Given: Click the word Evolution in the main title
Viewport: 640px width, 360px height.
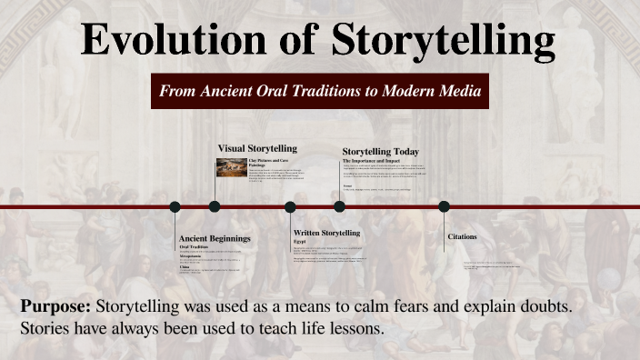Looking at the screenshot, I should (164, 40).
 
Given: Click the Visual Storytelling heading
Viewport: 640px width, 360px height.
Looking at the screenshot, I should (257, 148).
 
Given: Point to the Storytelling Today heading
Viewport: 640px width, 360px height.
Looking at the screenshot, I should (380, 151).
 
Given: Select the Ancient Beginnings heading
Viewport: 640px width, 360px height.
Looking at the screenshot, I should (215, 238).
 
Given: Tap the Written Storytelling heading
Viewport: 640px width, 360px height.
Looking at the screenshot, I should (326, 233).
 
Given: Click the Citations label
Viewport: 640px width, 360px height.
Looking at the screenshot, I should (462, 236).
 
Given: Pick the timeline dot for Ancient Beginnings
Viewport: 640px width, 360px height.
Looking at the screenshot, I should (175, 206).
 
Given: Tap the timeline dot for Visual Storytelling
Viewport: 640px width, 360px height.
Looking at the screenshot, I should (215, 206).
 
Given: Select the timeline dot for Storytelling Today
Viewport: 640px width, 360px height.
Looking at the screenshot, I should (339, 206).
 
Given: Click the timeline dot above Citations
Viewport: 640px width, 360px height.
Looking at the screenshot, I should (445, 206).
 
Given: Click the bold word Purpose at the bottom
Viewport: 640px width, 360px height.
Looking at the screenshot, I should (55, 306).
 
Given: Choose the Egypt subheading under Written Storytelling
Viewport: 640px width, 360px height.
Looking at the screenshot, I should (298, 242).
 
